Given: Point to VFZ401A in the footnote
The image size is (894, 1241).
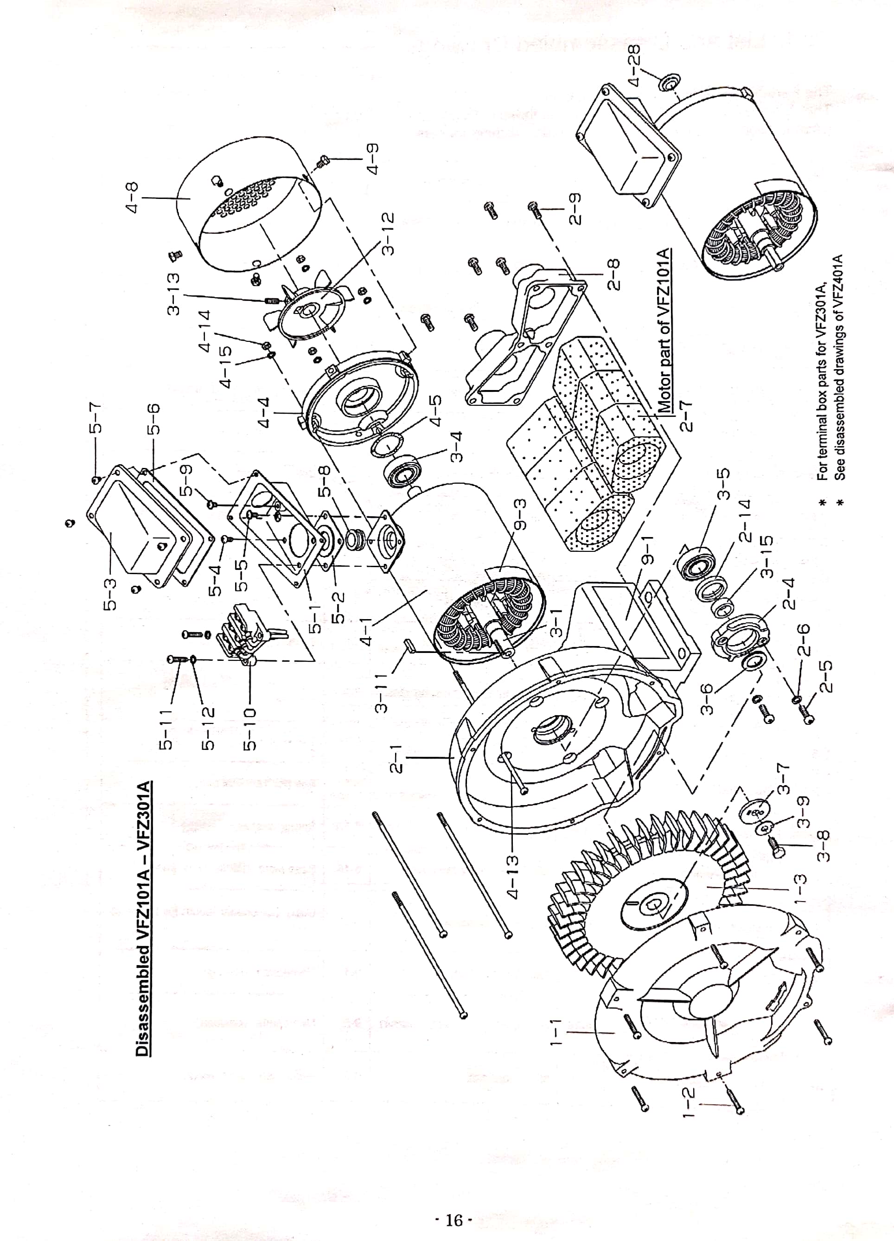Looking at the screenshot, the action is tap(842, 281).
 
